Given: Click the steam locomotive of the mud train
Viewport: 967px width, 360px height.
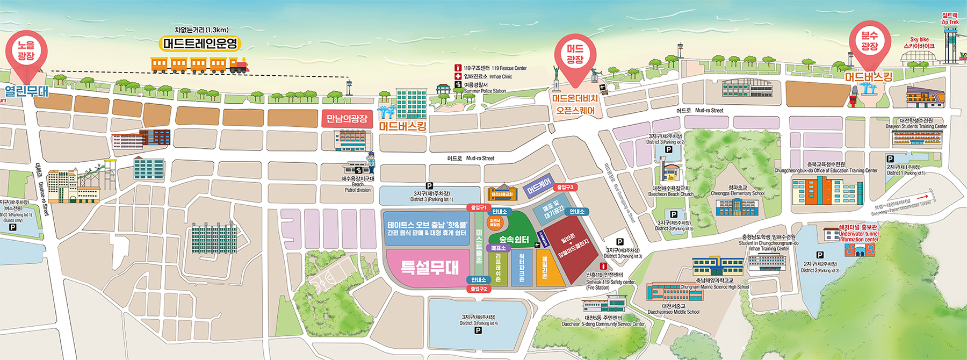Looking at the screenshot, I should coord(239,66).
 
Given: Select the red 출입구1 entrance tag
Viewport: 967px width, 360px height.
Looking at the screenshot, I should coord(478,207).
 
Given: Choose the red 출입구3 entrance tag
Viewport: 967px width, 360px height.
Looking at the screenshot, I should coord(565,188).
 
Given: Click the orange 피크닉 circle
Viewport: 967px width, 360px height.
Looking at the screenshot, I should coord(494,222).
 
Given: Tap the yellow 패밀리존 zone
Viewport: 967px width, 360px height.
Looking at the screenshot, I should coord(545,268).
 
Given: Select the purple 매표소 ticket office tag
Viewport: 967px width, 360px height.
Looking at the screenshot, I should coord(499,248).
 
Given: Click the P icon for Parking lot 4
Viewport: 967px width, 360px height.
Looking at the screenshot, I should coord(478,330).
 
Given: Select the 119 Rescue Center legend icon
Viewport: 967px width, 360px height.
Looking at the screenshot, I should coord(458,68).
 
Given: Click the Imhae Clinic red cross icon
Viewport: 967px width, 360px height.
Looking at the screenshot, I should coord(458,77).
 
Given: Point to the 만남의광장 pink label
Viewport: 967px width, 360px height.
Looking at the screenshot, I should coord(347,119).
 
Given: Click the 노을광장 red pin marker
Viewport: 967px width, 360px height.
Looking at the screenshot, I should coord(26,51).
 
